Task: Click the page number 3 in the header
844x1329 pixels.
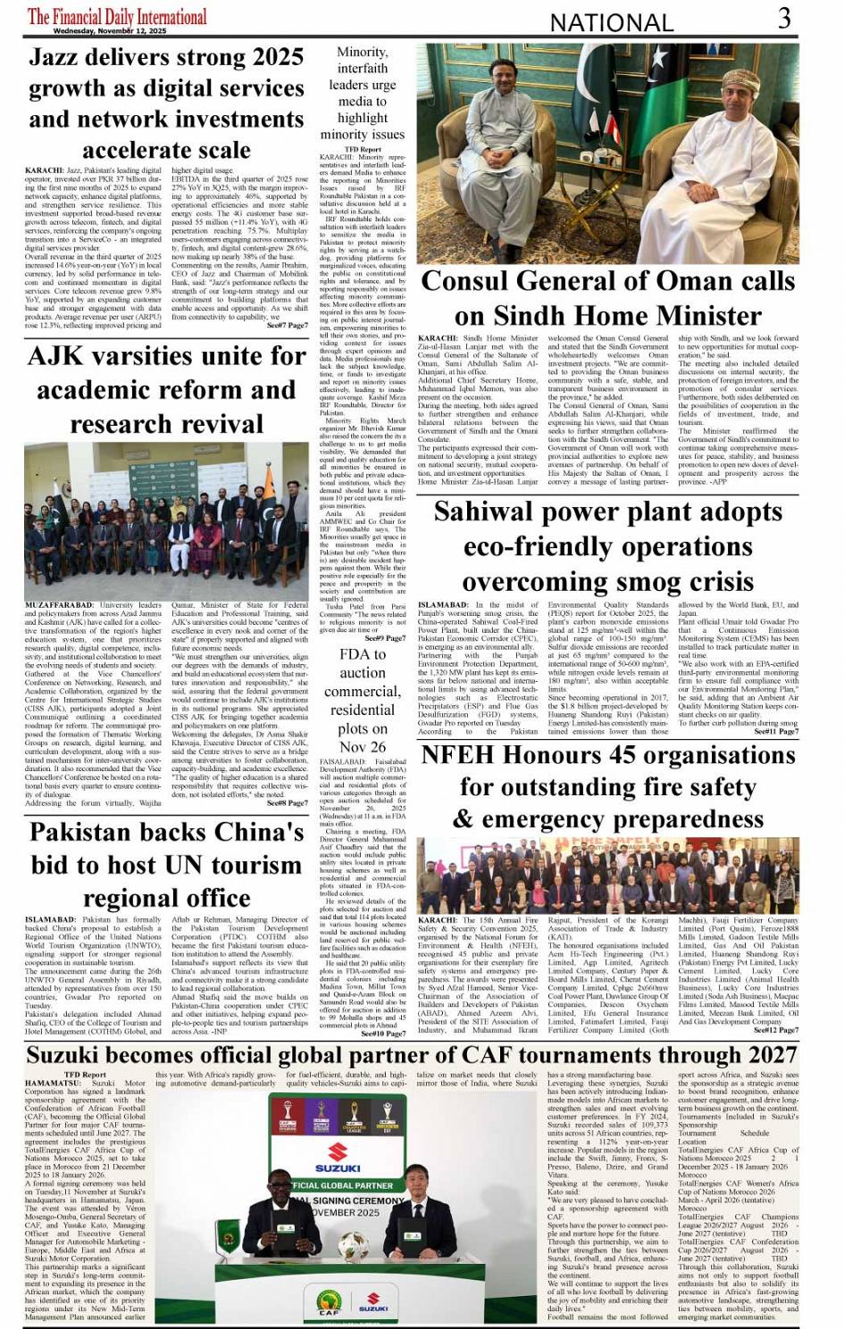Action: tap(783, 18)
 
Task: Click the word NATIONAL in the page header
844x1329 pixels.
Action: tap(611, 22)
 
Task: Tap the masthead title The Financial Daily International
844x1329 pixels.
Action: tap(117, 15)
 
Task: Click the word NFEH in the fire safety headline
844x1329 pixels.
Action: tap(458, 755)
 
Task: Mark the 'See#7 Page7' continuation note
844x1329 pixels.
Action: tap(288, 326)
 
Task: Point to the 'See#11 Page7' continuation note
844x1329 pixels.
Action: tap(776, 732)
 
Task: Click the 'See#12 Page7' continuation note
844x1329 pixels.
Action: tap(776, 1031)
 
